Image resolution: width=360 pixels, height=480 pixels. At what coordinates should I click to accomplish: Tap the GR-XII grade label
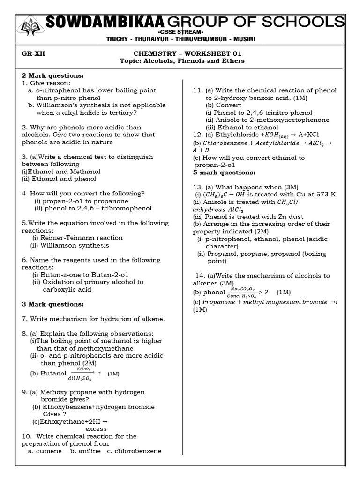[x=33, y=53]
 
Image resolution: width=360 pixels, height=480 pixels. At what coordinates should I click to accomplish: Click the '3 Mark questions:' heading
[x=52, y=304]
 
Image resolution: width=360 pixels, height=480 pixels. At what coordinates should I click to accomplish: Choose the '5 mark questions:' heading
[x=224, y=172]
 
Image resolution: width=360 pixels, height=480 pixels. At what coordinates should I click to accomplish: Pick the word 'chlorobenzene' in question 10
[x=138, y=451]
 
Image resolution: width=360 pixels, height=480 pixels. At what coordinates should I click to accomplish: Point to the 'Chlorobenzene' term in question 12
[x=225, y=143]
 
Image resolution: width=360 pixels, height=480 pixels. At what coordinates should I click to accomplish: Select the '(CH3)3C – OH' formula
[x=223, y=195]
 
